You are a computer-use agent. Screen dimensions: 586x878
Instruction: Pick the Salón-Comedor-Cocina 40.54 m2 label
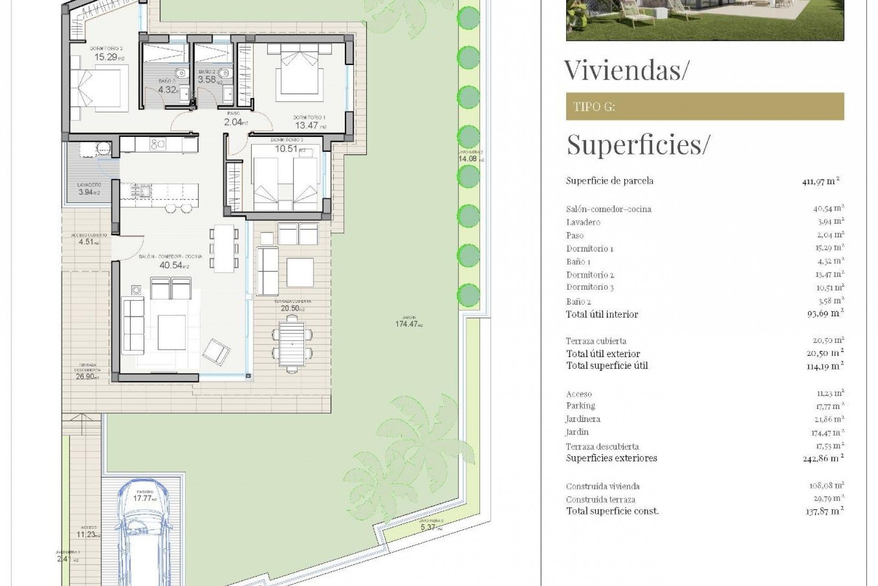click(170, 265)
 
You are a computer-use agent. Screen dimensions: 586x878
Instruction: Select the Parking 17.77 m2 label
click(144, 498)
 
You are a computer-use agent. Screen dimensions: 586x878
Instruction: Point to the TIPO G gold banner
click(705, 107)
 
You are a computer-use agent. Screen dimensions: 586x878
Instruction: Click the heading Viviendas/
click(626, 70)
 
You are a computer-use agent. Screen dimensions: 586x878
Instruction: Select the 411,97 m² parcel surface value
click(821, 181)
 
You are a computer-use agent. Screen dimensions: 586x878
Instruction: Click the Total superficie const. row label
click(612, 511)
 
